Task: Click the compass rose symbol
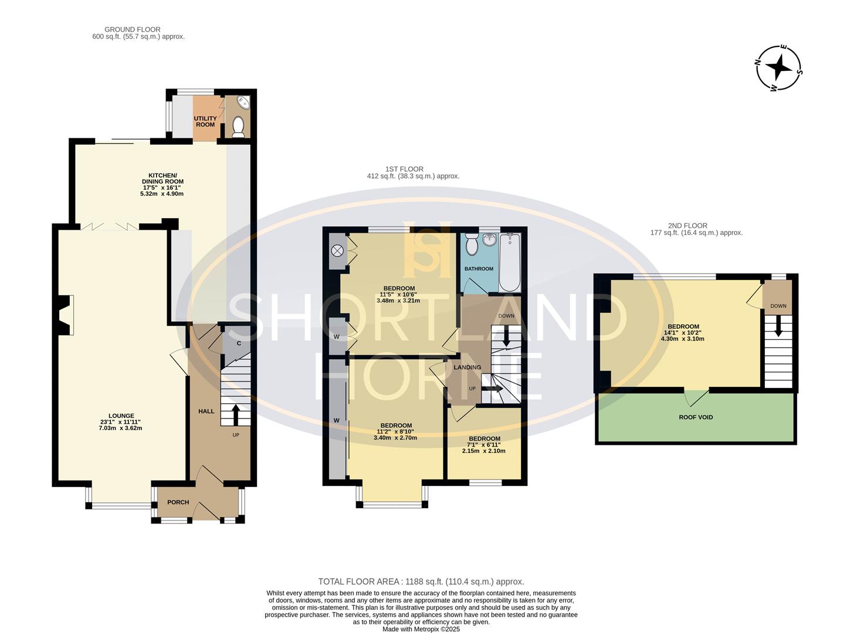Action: coord(778,68)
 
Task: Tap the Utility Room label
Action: coord(205,121)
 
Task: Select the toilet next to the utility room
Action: coord(238,127)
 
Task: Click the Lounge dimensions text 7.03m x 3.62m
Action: coord(121,428)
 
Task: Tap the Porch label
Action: coord(178,502)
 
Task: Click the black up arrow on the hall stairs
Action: coord(236,414)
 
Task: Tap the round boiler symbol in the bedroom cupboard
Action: coord(337,251)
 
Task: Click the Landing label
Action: coord(467,367)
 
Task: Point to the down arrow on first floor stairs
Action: coord(506,336)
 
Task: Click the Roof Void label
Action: coord(696,418)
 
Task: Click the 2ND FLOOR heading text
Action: coord(688,226)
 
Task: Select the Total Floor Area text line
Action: coord(421,581)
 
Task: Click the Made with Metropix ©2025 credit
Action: coord(421,629)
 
